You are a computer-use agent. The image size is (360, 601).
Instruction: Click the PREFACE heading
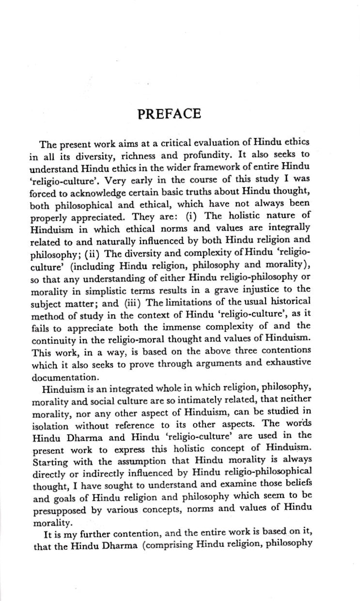[169, 114]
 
